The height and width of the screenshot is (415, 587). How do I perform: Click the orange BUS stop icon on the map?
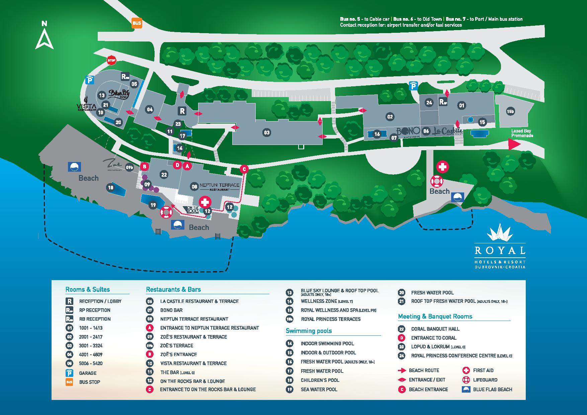[137, 23]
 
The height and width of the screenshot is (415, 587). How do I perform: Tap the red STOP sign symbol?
[111, 61]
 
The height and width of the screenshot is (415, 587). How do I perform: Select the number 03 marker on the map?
[266, 133]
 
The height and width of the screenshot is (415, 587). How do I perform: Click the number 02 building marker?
[390, 117]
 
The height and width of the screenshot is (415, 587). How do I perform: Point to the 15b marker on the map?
[510, 111]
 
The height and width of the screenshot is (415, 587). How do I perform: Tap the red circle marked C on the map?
[244, 169]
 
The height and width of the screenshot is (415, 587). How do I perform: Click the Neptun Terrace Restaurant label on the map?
[220, 186]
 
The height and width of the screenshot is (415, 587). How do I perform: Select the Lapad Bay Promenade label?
[522, 133]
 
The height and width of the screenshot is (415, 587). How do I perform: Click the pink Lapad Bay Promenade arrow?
[514, 145]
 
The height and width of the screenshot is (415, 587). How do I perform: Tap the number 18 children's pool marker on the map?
[110, 188]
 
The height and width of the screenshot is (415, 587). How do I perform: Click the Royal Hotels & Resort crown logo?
[500, 232]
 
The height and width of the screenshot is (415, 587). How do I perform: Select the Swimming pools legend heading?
[309, 331]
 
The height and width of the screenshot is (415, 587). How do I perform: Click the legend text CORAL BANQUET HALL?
[435, 329]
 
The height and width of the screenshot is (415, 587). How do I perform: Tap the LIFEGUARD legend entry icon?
[466, 380]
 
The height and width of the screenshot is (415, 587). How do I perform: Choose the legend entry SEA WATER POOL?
[319, 389]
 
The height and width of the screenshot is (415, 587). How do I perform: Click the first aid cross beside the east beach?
[442, 167]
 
